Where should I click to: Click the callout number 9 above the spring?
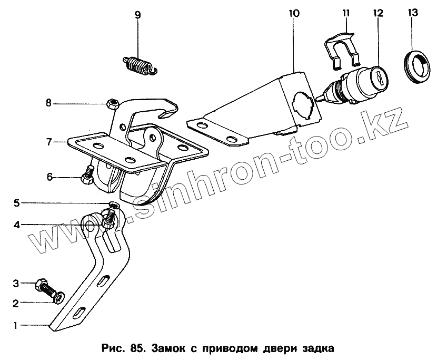137,15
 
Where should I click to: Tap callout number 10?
294,13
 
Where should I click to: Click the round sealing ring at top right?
419,66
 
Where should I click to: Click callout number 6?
49,177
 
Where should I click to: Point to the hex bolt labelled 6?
88,177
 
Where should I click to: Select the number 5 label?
17,202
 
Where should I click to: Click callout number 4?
17,225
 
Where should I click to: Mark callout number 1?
17,325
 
